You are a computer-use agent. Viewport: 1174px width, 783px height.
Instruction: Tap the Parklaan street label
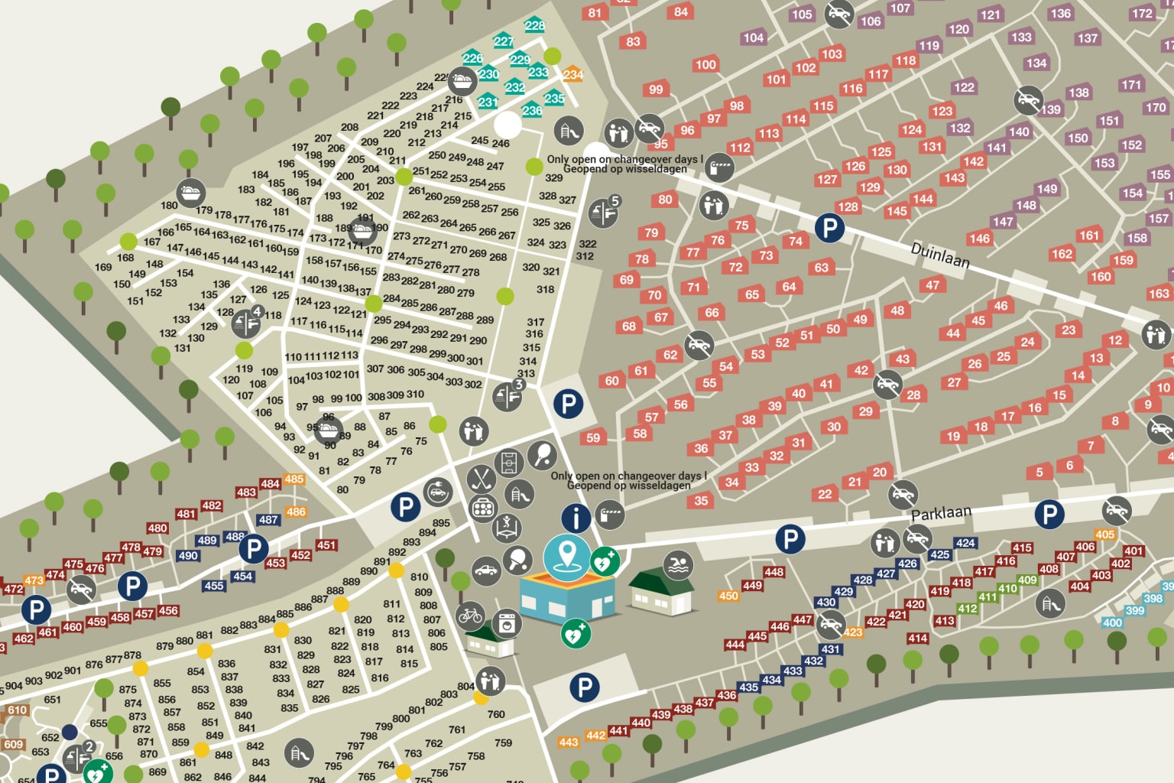click(941, 513)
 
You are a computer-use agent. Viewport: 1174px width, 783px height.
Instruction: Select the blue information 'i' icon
click(576, 518)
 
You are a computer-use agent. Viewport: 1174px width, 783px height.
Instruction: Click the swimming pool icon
click(678, 566)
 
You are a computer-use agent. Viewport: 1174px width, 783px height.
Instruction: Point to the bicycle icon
click(470, 616)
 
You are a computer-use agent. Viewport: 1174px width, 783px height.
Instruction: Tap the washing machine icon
click(506, 624)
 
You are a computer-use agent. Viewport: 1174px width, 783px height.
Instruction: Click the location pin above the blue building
click(566, 555)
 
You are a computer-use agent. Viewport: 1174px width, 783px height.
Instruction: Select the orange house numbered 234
click(572, 74)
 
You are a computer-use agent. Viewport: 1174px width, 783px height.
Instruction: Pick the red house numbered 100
click(705, 64)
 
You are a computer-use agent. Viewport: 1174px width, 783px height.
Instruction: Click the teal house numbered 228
click(534, 24)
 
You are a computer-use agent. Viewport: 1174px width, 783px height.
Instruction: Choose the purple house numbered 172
click(1143, 13)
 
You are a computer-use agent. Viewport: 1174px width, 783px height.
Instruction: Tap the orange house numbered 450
click(728, 596)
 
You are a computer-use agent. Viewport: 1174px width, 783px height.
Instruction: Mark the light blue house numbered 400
click(1112, 622)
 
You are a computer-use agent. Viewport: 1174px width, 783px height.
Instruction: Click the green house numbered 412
click(968, 609)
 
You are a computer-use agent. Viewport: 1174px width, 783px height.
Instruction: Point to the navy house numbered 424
click(965, 543)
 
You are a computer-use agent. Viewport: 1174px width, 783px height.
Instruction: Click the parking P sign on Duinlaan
click(829, 228)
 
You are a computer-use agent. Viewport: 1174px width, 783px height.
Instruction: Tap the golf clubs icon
click(482, 479)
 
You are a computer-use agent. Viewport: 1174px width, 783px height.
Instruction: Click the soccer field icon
click(508, 463)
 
